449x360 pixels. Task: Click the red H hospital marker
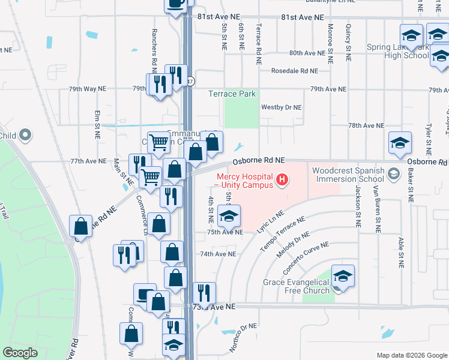pyautogui.click(x=280, y=179)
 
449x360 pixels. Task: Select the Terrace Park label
pyautogui.click(x=232, y=94)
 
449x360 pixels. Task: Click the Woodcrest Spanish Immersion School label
pyautogui.click(x=348, y=175)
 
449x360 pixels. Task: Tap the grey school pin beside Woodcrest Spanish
pyautogui.click(x=394, y=174)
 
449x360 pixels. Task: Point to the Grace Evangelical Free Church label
pyautogui.click(x=297, y=286)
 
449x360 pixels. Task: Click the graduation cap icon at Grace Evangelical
pyautogui.click(x=343, y=276)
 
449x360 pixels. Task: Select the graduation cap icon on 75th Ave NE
pyautogui.click(x=229, y=216)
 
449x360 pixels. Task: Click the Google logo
pyautogui.click(x=20, y=353)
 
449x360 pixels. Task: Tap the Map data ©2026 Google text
pyautogui.click(x=411, y=355)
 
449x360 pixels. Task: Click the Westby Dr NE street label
pyautogui.click(x=282, y=107)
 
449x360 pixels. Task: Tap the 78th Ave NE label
pyautogui.click(x=366, y=125)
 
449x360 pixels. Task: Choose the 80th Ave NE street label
pyautogui.click(x=306, y=53)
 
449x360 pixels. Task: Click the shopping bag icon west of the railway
pyautogui.click(x=80, y=226)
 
